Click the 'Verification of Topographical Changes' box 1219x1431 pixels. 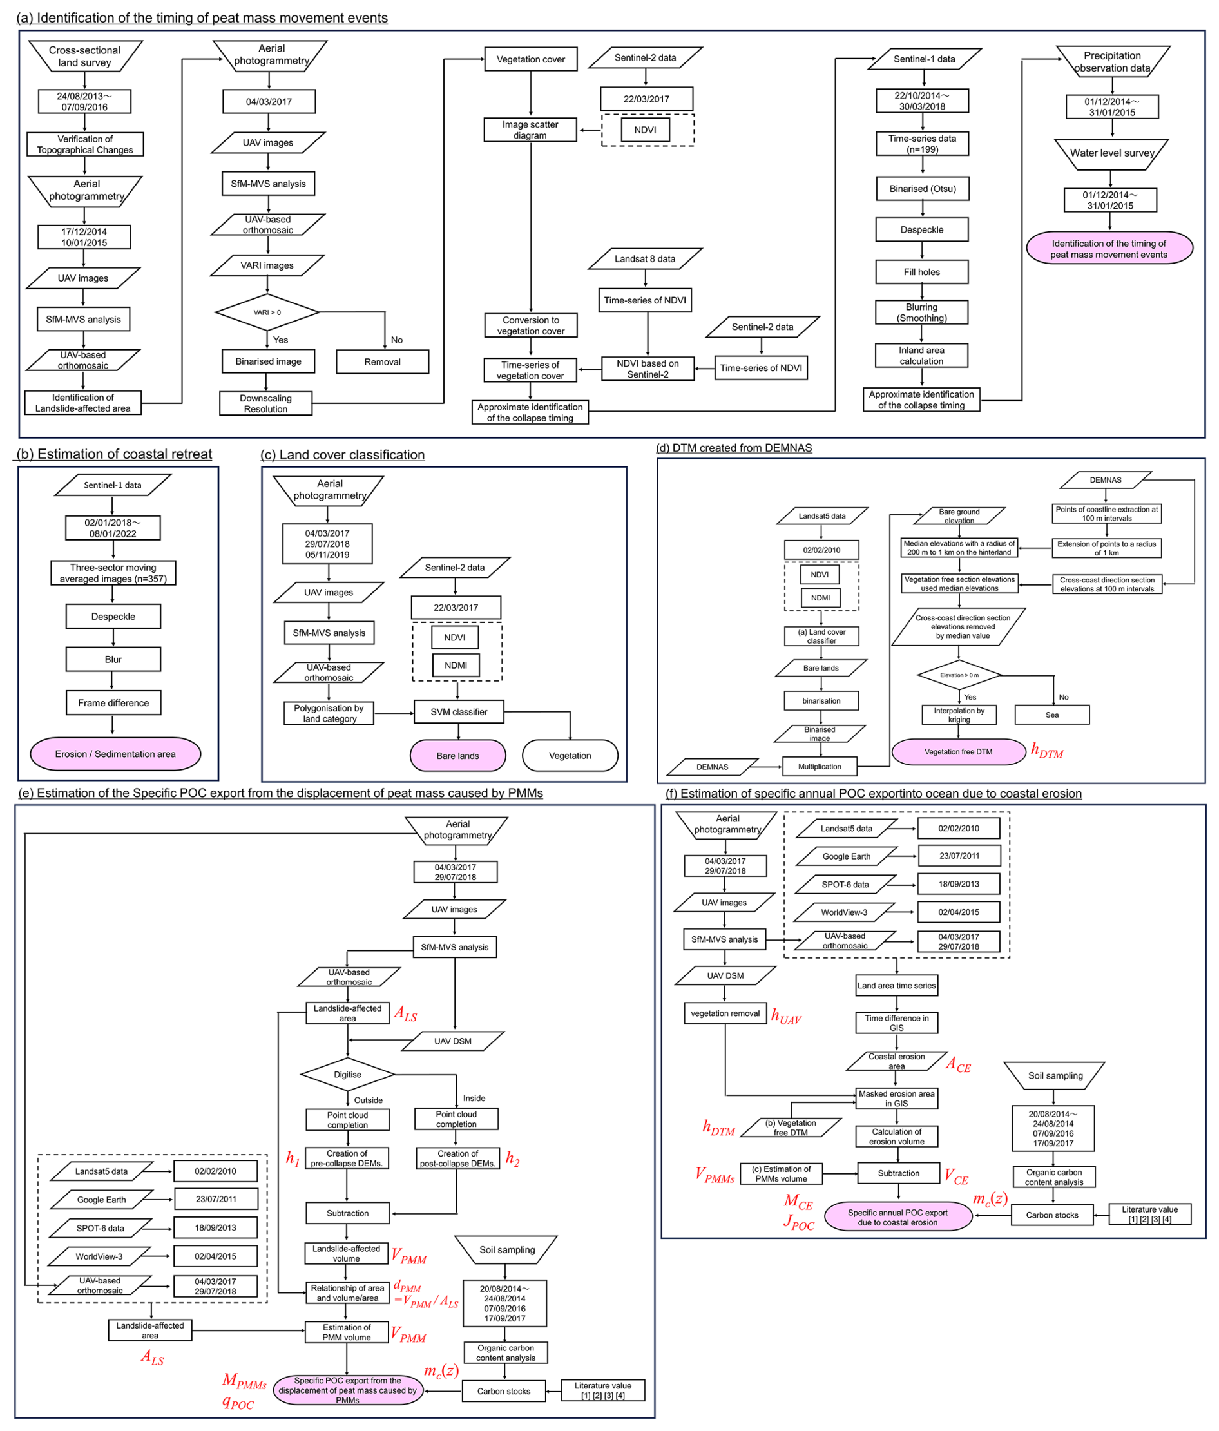click(x=85, y=144)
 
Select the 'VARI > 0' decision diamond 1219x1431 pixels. click(x=267, y=312)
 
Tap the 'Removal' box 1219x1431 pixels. click(x=382, y=362)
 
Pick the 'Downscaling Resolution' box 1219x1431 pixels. click(x=265, y=403)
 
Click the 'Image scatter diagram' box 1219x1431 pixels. click(x=530, y=130)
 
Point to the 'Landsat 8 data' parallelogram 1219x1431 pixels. click(x=645, y=259)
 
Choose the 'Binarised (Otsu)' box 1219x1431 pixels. click(x=922, y=189)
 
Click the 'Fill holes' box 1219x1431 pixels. click(x=921, y=272)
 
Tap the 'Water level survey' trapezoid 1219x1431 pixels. click(x=1111, y=153)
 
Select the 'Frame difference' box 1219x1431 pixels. click(x=113, y=702)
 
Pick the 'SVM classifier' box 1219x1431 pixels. click(x=459, y=711)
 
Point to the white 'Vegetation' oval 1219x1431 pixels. click(x=570, y=756)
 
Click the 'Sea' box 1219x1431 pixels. click(x=1051, y=715)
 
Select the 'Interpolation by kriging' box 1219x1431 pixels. click(x=959, y=715)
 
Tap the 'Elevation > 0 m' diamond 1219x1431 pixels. click(x=959, y=675)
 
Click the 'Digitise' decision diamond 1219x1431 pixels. click(x=347, y=1075)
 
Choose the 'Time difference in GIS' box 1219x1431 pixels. click(x=896, y=1023)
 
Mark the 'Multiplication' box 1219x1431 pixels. click(x=819, y=767)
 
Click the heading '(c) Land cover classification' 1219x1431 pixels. click(x=343, y=454)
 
